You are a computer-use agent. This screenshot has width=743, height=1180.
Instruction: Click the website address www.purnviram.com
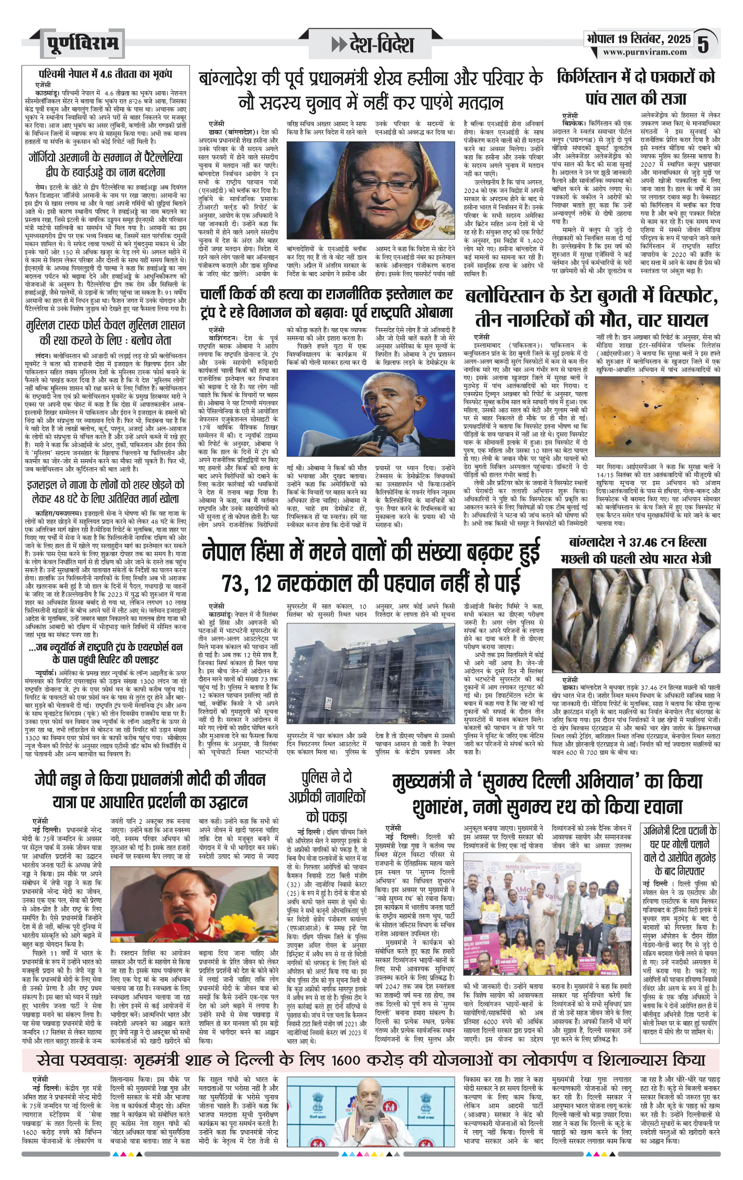644,52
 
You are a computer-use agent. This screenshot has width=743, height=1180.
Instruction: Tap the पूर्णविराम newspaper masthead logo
82,44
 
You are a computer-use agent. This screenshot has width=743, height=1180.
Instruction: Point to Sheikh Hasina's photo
330,189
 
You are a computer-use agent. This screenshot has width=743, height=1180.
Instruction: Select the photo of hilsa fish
636,619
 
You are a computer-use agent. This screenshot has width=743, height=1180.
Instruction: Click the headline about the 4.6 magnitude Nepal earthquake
105,74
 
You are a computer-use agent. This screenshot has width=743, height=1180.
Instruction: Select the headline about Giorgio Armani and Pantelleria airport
105,165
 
